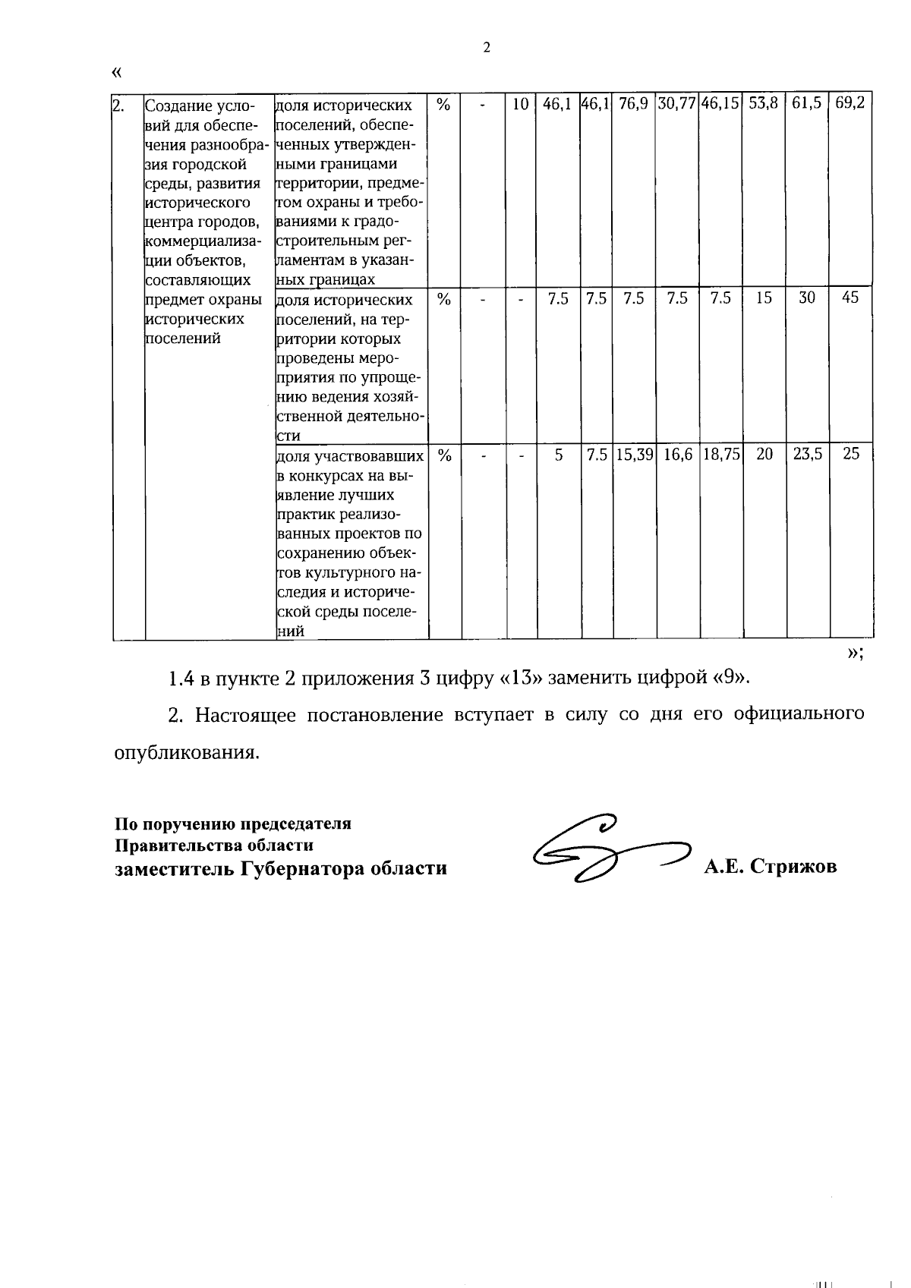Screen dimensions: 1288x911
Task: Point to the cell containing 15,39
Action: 634,455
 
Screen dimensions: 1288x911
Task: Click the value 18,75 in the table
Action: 720,455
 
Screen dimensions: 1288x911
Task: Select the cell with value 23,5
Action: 807,455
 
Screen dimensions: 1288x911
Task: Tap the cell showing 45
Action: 850,298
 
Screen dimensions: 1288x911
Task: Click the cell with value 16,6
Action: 677,455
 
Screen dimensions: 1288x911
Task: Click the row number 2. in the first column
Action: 118,105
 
